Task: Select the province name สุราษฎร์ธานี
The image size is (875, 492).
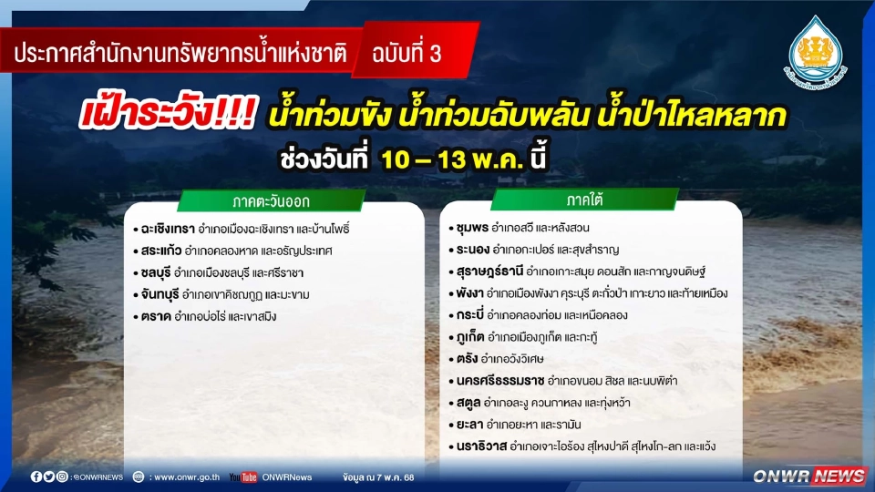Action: [x=489, y=272]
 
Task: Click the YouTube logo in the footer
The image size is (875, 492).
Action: [x=242, y=477]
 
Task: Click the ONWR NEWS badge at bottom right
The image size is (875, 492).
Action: [x=808, y=476]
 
